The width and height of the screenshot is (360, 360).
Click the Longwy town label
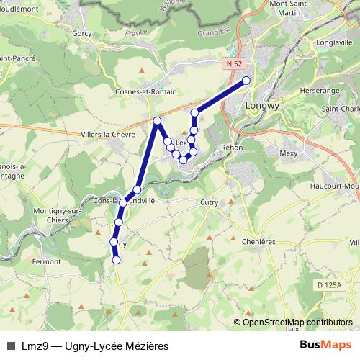point(262,103)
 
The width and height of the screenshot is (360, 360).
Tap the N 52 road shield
point(232,64)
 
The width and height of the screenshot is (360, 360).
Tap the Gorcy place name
point(84,34)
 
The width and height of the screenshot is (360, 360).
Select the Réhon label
point(233,147)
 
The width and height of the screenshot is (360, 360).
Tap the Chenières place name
point(259,242)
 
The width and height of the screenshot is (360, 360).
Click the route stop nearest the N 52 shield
point(246,81)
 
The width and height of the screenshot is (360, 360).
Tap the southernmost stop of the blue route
point(116,260)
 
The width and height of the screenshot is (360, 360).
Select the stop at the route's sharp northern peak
point(157,121)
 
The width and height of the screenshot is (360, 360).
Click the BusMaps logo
point(325,345)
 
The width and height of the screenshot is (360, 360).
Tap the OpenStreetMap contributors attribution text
point(295,322)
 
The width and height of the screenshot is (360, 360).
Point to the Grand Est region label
point(212,32)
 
